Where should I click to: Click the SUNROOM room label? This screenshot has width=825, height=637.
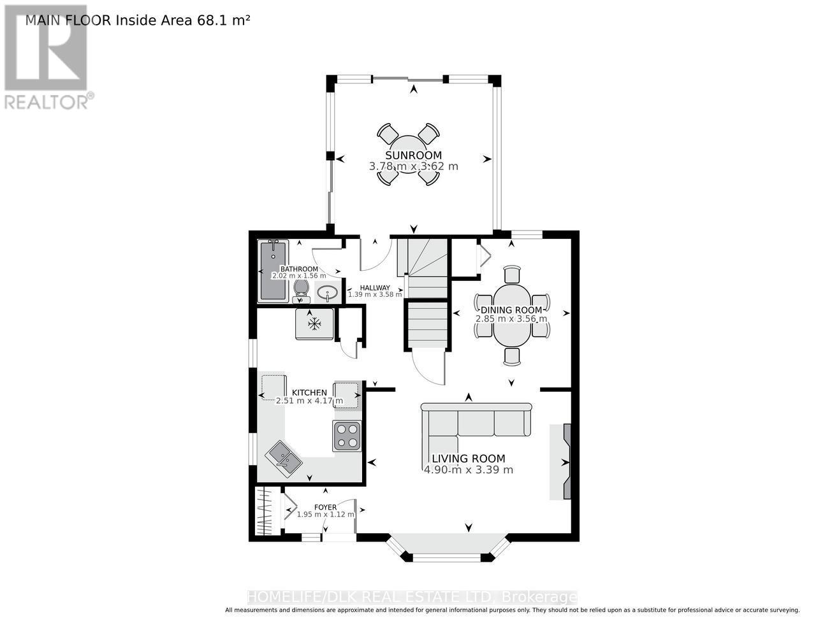[413, 155]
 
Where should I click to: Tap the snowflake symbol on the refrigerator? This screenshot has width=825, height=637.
[314, 324]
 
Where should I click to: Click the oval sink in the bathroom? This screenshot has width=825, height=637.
[327, 293]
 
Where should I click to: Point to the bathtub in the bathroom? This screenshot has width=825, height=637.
[273, 271]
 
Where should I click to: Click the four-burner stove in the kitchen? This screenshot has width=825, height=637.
[347, 436]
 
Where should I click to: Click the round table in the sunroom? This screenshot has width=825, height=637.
[408, 154]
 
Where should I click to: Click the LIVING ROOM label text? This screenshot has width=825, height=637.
[469, 459]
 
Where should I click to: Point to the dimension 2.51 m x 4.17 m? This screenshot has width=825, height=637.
[309, 401]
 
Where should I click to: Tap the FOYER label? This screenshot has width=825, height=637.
[325, 507]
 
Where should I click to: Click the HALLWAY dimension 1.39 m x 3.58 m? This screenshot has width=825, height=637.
[375, 294]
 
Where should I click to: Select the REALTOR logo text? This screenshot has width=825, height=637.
[47, 102]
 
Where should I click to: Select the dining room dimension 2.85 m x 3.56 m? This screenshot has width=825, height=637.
[511, 318]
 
